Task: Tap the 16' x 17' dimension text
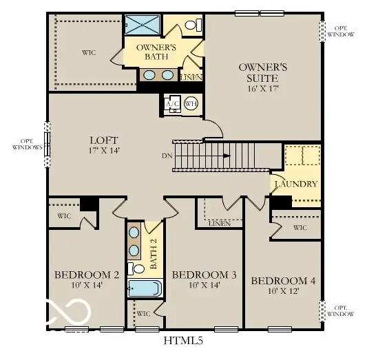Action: coord(262,89)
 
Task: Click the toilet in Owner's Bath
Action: coord(193,25)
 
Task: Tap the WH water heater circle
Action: coord(190,104)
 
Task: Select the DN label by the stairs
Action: coord(167,156)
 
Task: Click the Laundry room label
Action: coord(295,184)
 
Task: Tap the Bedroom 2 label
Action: coord(87,275)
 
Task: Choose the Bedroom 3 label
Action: coord(204,275)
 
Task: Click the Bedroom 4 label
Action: coord(283,281)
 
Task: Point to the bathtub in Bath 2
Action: coord(143,287)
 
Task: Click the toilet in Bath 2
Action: coord(138,268)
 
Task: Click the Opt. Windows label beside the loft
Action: coord(28,145)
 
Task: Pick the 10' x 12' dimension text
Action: coord(283,292)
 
